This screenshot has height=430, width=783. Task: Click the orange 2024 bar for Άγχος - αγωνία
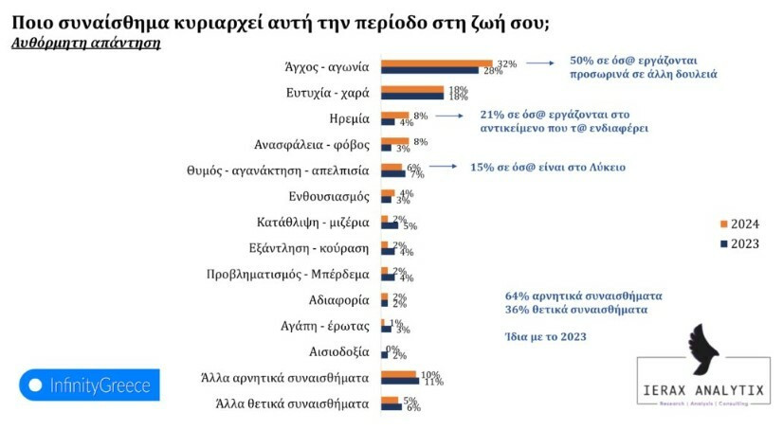(436, 63)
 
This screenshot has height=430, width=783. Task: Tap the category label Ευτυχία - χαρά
(328, 93)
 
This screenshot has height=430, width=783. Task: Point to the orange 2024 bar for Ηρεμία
(395, 116)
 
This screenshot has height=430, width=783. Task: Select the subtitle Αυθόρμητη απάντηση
(86, 43)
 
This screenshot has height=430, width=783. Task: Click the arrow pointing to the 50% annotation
(540, 63)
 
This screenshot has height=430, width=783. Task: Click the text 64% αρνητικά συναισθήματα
(583, 294)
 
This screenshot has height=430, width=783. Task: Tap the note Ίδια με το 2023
(545, 336)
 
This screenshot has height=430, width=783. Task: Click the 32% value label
(506, 63)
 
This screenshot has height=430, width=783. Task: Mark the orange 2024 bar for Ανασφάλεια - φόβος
(395, 141)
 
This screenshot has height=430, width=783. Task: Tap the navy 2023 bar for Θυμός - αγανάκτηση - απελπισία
(393, 173)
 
